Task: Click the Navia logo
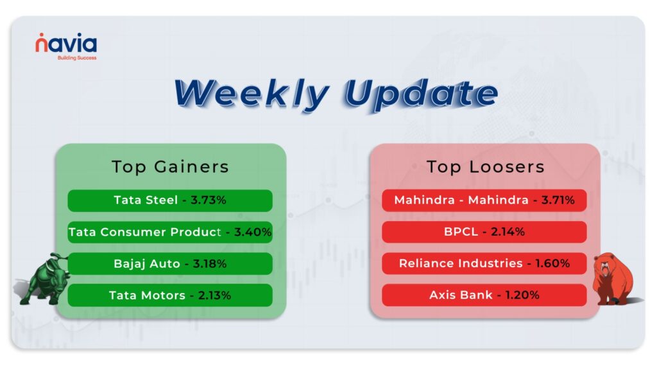coord(66,46)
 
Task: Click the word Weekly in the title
coord(252,94)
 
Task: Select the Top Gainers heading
coord(170,167)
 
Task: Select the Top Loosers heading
coord(485,167)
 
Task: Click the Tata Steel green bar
coord(170,200)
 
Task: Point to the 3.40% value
coord(253,232)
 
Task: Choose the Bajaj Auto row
coord(170,264)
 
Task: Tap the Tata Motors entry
coord(170,295)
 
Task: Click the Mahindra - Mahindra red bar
coord(484,200)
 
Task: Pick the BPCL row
coord(484,231)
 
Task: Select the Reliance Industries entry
coord(484,263)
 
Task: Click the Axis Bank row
coord(484,295)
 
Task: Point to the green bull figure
coord(44,278)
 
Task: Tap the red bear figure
coord(614,279)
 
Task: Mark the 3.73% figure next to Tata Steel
coord(209,200)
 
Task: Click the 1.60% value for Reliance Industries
coord(552,263)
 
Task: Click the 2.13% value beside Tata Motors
coord(214,295)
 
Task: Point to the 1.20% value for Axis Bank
coord(522,295)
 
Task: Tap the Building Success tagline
coord(77,58)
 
